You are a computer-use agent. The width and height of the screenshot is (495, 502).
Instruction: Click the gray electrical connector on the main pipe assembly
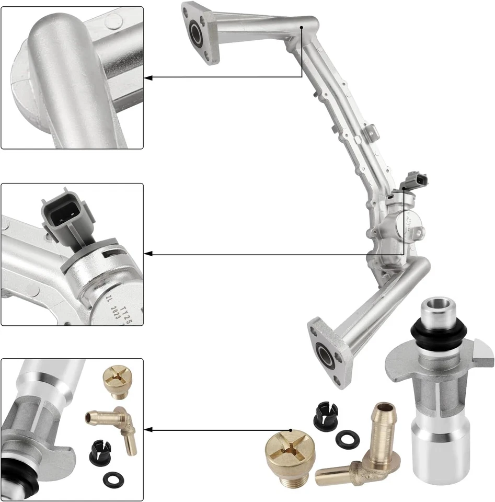(417, 179)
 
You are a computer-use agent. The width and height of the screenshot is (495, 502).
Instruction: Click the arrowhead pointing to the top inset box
(148, 77)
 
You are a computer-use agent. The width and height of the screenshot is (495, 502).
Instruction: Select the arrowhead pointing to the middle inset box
(148, 254)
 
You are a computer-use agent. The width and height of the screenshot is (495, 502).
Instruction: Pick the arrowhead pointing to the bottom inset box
(148, 430)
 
